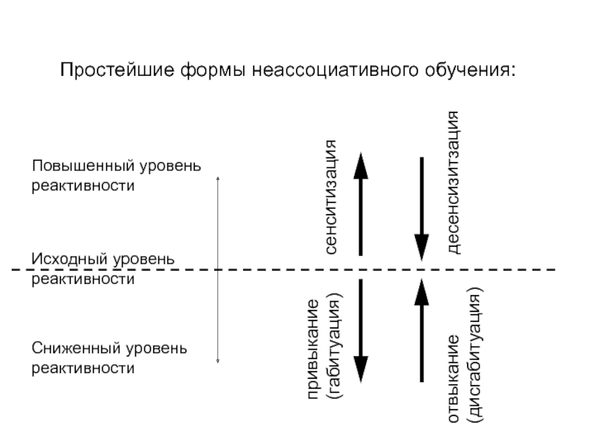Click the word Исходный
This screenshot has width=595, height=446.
[x=67, y=259]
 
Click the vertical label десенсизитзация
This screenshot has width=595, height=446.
[x=453, y=183]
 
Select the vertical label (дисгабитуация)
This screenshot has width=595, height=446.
[x=473, y=359]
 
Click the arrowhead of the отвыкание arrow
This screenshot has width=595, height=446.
[x=422, y=291]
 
